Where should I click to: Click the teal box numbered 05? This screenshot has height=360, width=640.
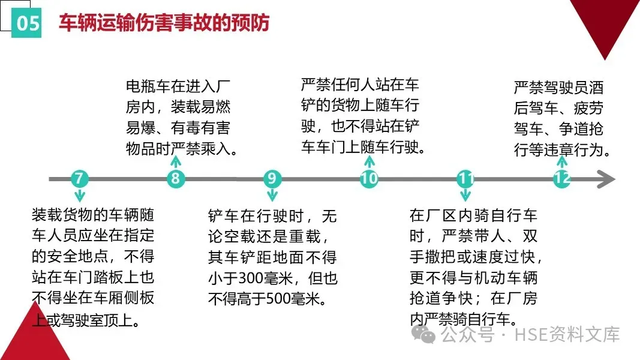click(x=27, y=23)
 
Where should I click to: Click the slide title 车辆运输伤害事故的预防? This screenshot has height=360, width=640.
click(x=164, y=22)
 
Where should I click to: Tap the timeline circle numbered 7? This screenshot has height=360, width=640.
click(x=79, y=179)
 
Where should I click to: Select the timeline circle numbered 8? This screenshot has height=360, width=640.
click(x=175, y=179)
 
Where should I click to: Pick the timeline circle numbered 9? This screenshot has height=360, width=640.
click(x=272, y=179)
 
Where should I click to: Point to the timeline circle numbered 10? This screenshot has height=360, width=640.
click(x=369, y=179)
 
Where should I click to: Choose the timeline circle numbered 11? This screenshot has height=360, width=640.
click(x=465, y=179)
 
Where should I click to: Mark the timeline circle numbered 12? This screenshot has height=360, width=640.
click(x=561, y=179)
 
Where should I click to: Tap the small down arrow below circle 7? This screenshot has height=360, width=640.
click(x=79, y=196)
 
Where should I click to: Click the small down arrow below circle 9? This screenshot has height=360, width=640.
click(x=272, y=195)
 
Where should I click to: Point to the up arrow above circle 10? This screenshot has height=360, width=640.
click(x=369, y=161)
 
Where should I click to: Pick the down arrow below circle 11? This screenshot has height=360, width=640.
click(x=465, y=195)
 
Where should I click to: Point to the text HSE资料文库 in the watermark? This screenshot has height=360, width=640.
click(x=566, y=335)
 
